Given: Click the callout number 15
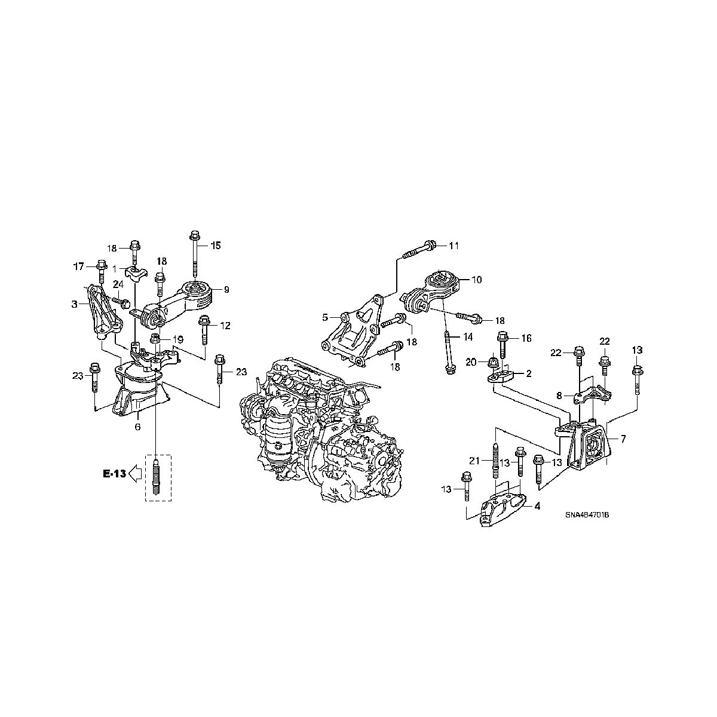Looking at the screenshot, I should click(216, 245).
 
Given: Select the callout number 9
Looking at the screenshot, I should click(227, 290).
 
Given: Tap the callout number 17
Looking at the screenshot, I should click(78, 266).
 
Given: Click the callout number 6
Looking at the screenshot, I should click(137, 427).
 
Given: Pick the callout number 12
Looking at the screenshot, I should click(225, 326).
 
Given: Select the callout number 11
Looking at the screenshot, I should click(454, 246).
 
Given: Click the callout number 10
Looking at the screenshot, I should click(476, 279).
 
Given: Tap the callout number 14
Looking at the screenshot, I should click(467, 337).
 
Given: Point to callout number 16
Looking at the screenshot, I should click(526, 338).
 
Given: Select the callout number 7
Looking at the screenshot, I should click(623, 439).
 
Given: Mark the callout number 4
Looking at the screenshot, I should click(537, 506).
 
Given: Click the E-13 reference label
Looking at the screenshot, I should click(114, 474).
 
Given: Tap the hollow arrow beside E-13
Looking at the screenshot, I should click(134, 474).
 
